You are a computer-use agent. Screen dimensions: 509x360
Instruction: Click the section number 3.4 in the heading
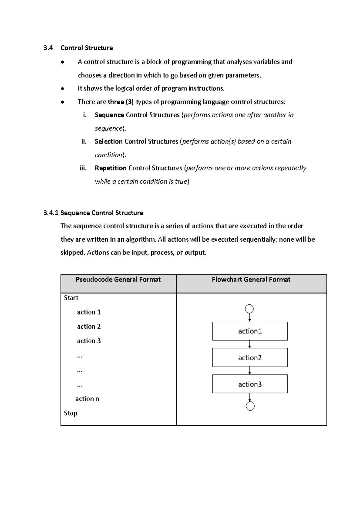pos(48,48)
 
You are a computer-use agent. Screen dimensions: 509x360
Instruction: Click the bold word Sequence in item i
pos(109,115)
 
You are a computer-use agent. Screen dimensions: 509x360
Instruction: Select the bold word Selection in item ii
pos(108,141)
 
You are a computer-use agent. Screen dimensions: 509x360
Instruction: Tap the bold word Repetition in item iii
pos(110,168)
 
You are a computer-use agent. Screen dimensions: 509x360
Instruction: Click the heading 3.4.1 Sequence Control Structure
pos(93,213)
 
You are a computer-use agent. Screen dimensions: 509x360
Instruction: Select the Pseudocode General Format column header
pos(118,280)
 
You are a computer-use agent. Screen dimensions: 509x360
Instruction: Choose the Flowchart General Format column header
pos(251,280)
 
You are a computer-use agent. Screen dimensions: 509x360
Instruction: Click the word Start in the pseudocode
pos(71,298)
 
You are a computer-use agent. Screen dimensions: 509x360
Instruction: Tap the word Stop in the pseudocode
pos(70,413)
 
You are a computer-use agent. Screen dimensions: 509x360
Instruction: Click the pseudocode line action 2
pos(89,327)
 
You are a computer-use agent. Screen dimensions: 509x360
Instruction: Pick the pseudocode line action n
pos(87,399)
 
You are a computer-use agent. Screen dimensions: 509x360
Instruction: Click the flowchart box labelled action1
pos(250,331)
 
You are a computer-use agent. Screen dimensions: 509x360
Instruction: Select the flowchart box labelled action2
pos(250,357)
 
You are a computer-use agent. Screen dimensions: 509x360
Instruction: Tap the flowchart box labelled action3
pos(250,384)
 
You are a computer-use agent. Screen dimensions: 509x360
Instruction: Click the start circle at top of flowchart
pos(250,309)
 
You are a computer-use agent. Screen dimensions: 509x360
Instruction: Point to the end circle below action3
pos(250,406)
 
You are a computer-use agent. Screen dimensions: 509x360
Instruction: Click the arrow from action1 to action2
pos(250,344)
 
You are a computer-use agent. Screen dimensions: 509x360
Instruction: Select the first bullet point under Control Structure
pos(62,62)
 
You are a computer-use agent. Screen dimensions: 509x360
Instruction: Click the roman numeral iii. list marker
pos(83,168)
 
